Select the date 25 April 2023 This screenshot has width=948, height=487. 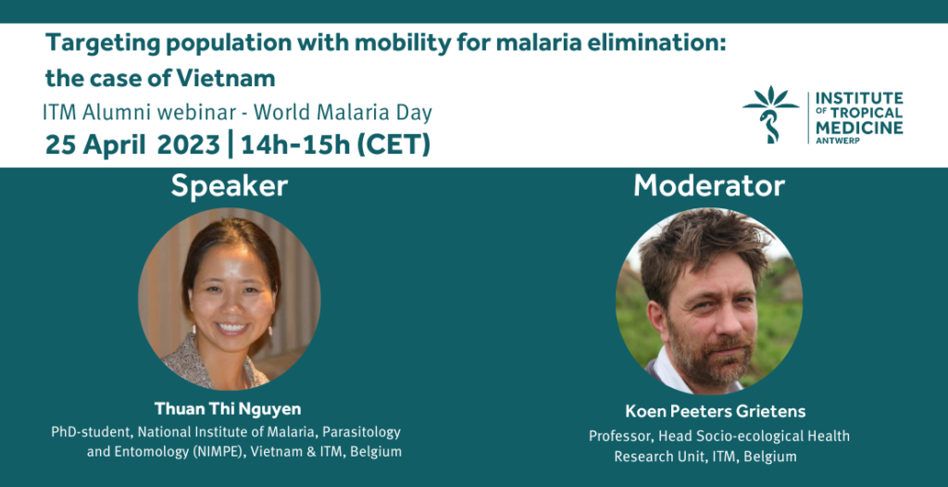[x=132, y=145]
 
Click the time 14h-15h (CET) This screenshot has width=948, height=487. [x=335, y=145]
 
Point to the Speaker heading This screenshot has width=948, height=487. [x=230, y=186]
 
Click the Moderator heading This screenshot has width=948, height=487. [x=708, y=186]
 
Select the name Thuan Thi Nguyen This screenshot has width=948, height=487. [x=228, y=409]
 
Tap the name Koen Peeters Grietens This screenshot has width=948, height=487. [x=716, y=412]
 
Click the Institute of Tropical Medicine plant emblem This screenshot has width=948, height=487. [x=770, y=115]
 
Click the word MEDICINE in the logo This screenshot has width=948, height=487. [x=859, y=127]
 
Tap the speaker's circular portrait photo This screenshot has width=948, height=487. [x=230, y=299]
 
